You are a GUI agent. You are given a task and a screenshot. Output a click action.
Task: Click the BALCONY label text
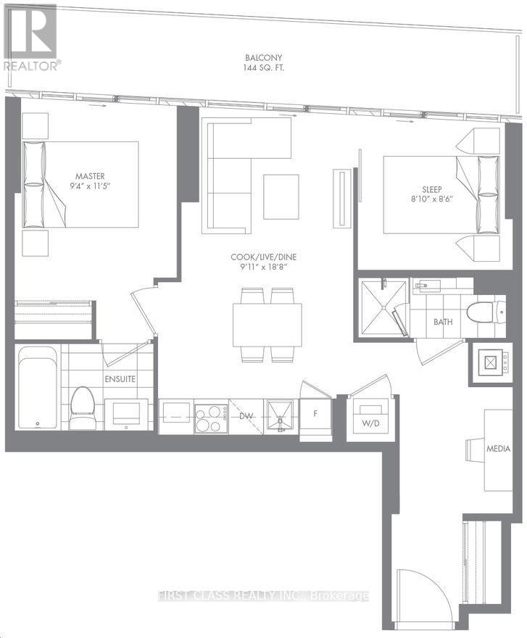263,58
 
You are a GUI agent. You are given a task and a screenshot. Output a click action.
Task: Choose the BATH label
444,321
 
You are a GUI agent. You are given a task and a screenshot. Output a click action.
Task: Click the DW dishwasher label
246,415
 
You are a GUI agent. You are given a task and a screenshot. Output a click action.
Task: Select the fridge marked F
315,415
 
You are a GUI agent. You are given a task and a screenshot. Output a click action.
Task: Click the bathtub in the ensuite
37,388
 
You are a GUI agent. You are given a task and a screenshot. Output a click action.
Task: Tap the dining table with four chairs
267,325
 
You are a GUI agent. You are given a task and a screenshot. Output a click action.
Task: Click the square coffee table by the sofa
281,196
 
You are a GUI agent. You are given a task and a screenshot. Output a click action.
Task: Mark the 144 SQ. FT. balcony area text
263,70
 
